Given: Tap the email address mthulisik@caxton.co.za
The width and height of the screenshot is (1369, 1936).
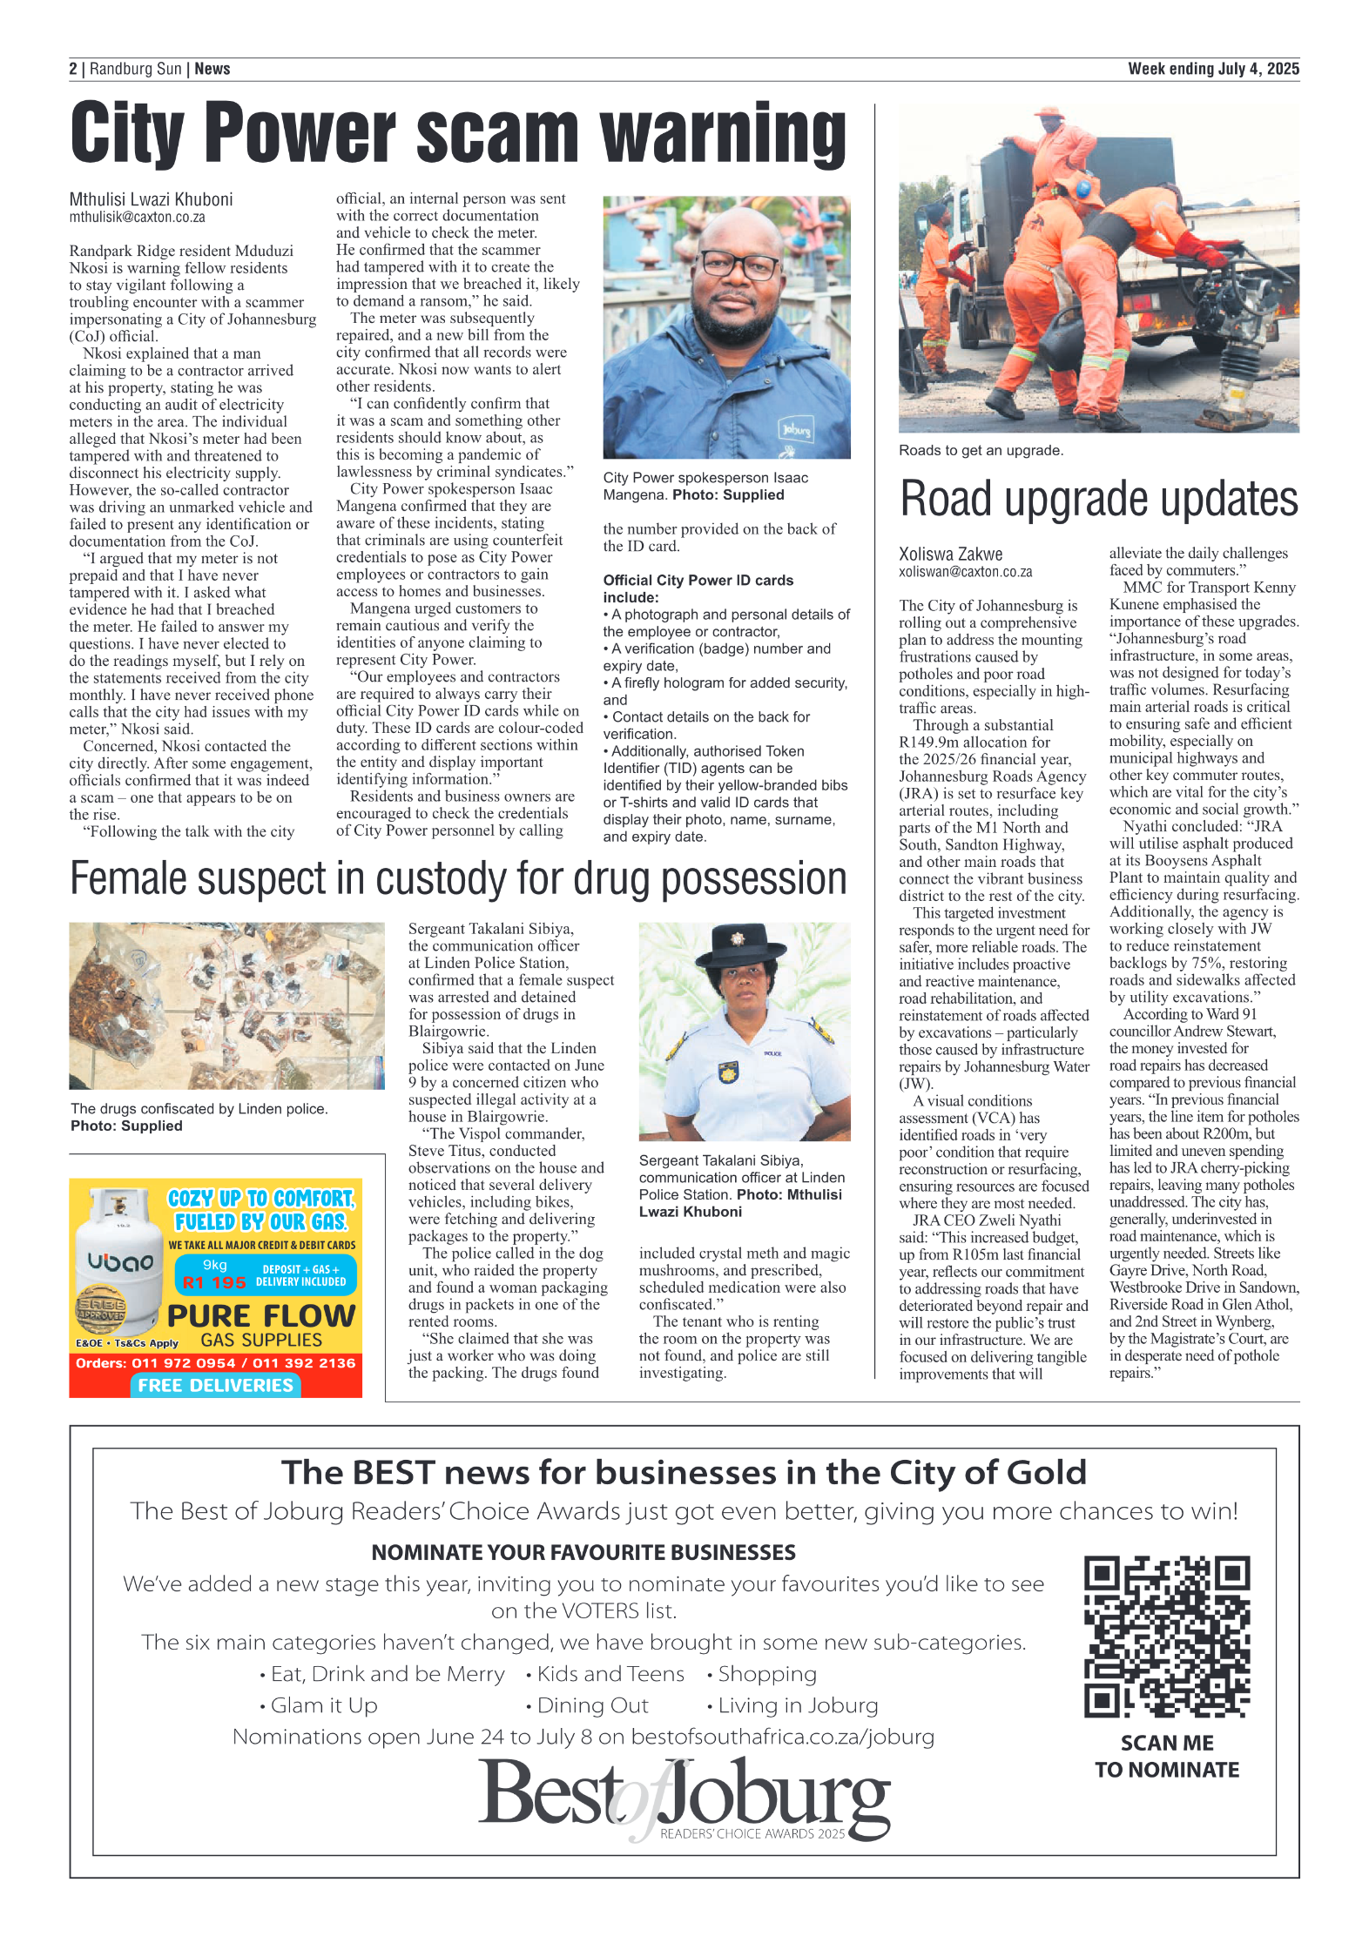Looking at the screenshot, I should point(138,218).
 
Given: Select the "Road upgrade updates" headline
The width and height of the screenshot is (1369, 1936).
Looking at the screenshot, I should point(1098,499).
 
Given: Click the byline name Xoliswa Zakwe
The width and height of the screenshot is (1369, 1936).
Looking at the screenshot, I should point(950,555).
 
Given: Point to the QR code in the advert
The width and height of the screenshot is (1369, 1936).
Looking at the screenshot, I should point(1166,1636).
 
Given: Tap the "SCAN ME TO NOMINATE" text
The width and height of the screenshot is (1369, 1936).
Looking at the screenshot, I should point(1166,1756).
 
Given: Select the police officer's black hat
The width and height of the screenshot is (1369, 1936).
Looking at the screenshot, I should point(743,945).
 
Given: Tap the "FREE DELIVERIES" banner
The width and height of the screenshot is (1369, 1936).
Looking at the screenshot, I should point(215,1385).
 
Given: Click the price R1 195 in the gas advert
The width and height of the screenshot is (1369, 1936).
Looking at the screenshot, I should point(214,1282).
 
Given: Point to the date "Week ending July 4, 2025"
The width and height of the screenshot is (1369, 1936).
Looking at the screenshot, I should point(1212,69).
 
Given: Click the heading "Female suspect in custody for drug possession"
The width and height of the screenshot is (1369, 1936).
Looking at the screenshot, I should point(458,878).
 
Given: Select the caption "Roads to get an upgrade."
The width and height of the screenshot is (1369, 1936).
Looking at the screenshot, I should point(981,451).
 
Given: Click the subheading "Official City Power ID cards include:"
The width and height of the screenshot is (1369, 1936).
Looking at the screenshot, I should point(698,588).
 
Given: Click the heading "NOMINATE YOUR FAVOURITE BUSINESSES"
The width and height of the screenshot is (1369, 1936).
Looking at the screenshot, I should point(583,1552).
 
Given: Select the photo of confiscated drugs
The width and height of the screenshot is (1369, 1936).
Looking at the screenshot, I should point(226,1005).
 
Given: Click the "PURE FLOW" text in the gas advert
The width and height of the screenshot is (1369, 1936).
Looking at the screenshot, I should point(261,1315).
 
